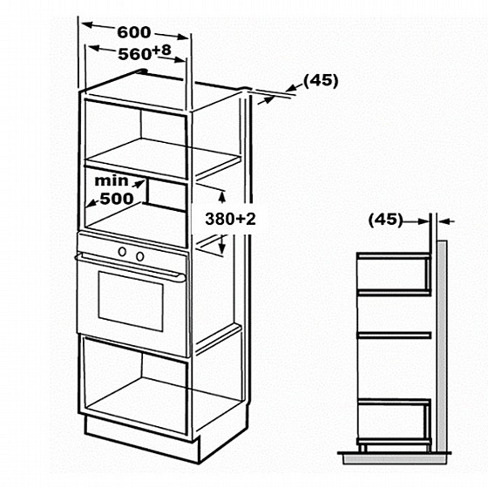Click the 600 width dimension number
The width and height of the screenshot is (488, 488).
pyautogui.click(x=134, y=32)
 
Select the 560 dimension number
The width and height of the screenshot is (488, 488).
pyautogui.click(x=134, y=54)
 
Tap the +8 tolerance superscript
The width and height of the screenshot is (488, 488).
pyautogui.click(x=162, y=50)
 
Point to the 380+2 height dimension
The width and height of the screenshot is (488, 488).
pyautogui.click(x=230, y=219)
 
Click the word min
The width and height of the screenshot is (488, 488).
pyautogui.click(x=112, y=181)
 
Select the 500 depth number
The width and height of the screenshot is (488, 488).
pyautogui.click(x=117, y=199)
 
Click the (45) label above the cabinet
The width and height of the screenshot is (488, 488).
pyautogui.click(x=321, y=81)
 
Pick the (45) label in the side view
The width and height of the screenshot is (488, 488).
pyautogui.click(x=385, y=220)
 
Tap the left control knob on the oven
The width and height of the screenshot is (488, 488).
pyautogui.click(x=122, y=252)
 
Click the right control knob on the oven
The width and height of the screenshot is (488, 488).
pyautogui.click(x=140, y=256)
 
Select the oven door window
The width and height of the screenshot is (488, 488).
pyautogui.click(x=131, y=302)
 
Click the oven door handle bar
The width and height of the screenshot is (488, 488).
pyautogui.click(x=130, y=267)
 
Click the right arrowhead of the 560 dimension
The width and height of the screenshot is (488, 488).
pyautogui.click(x=181, y=59)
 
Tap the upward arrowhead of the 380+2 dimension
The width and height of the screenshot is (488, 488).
pyautogui.click(x=222, y=197)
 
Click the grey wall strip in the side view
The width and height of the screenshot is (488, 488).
pyautogui.click(x=442, y=346)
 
